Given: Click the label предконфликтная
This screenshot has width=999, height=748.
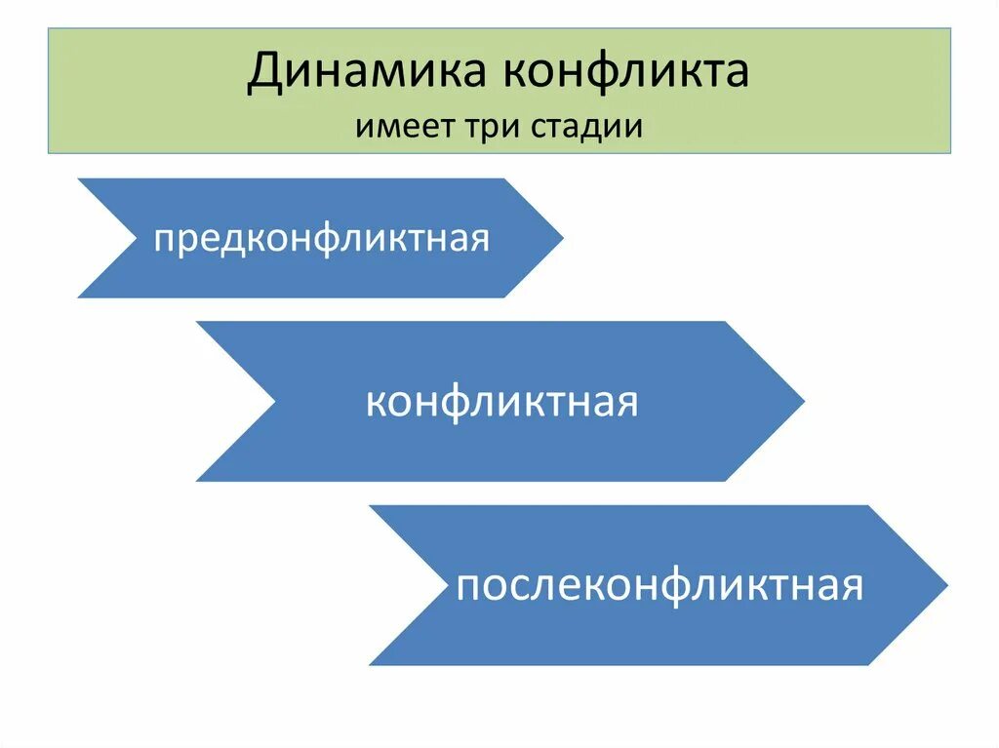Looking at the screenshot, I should (321, 239).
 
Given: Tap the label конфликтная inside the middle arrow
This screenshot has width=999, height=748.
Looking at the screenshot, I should (501, 402).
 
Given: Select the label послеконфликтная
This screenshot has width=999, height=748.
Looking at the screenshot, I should (659, 587).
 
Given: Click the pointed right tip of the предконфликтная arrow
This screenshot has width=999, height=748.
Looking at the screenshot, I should (561, 238).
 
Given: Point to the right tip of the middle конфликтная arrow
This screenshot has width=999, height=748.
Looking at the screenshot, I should (802, 401).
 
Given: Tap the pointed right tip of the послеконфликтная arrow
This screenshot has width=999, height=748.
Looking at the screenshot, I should (945, 585).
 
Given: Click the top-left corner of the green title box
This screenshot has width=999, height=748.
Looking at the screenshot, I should (49, 28).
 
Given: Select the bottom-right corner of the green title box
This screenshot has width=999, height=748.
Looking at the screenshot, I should (950, 153).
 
